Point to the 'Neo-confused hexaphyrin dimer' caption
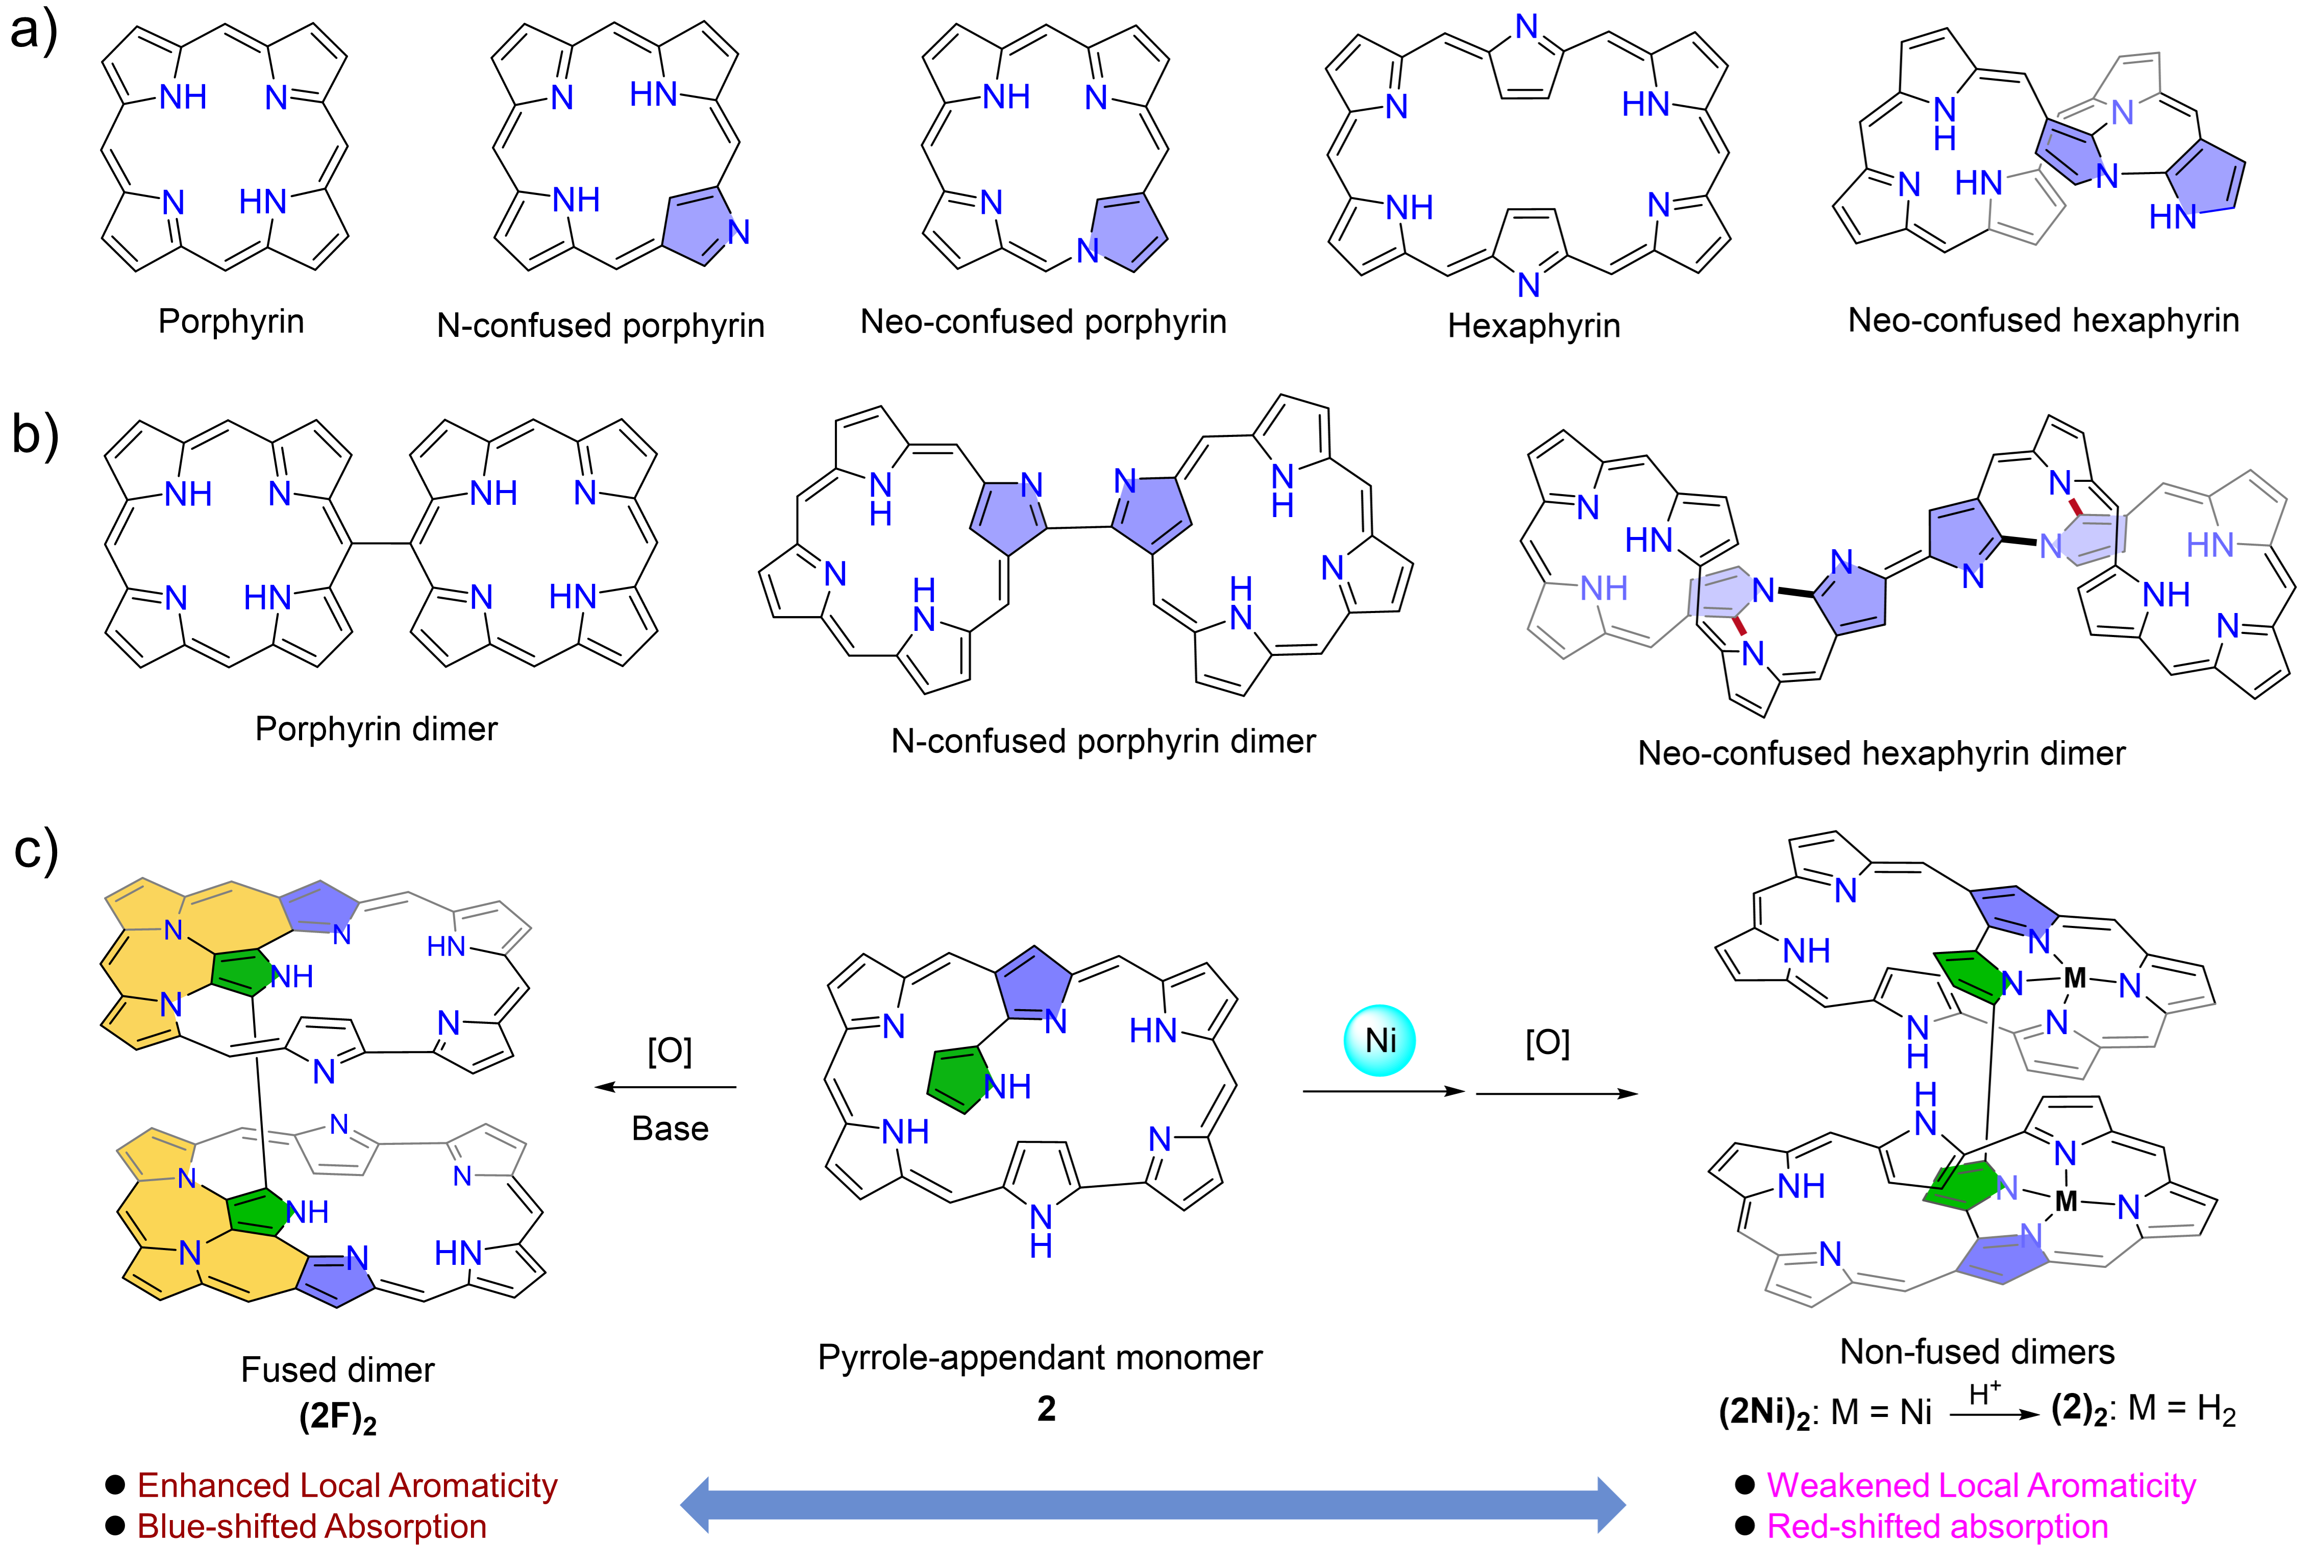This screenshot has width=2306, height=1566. [1881, 753]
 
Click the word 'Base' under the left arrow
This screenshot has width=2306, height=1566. [670, 1129]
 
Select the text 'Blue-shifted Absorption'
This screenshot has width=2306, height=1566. [312, 1526]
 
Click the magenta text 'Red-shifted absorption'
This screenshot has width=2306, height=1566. [1937, 1526]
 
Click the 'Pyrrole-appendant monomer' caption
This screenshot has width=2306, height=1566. [1040, 1358]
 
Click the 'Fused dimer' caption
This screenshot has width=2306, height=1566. [337, 1371]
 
